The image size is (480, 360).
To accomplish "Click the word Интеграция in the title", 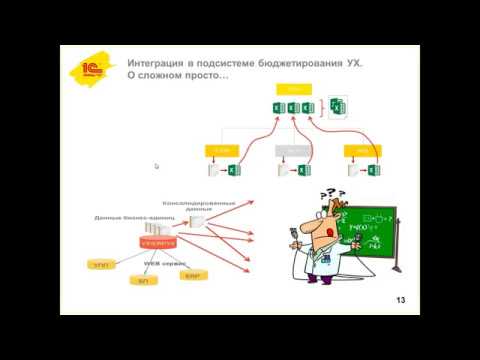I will click(163, 63).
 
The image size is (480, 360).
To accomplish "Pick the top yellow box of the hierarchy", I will click(292, 90).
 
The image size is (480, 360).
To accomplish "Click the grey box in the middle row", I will click(289, 150).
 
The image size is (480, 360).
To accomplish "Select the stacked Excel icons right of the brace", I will click(337, 105).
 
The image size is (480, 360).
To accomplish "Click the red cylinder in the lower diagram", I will click(159, 241).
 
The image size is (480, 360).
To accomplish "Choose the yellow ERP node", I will click(193, 274).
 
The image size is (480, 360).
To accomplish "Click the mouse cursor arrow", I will click(156, 167).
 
